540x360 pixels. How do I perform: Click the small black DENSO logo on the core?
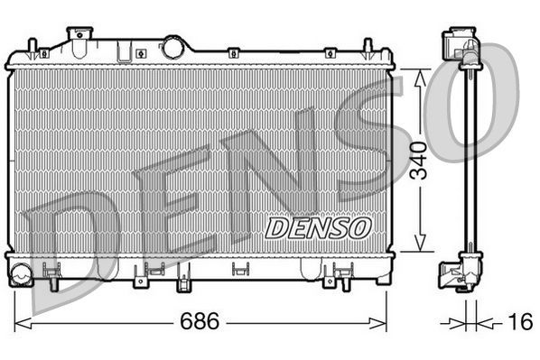point(317,227)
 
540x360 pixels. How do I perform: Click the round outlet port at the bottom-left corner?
point(21,272)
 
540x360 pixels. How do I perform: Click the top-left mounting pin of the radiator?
point(33,48)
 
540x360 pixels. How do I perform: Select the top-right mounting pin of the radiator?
point(368,48)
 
